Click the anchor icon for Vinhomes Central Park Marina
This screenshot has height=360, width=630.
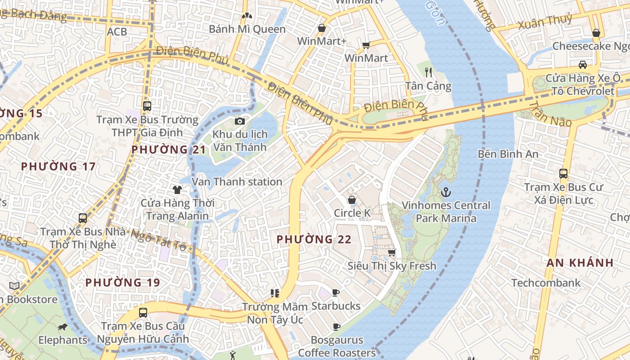tap(445, 193)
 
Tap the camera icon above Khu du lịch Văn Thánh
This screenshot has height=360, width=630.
tap(240, 121)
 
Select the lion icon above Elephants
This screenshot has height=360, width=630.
tap(63, 327)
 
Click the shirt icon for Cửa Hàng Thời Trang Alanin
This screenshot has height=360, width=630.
tap(177, 190)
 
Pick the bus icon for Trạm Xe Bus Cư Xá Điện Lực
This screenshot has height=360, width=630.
tap(563, 174)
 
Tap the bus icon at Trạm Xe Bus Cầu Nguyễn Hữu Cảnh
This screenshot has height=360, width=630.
tap(143, 312)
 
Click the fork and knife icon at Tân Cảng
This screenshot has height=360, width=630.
tap(428, 72)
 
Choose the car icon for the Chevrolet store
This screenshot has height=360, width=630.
tap(583, 64)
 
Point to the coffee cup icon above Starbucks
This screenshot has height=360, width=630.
tap(336, 293)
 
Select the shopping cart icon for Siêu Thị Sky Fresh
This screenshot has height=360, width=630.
tap(392, 252)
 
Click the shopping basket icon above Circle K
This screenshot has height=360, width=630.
tap(352, 199)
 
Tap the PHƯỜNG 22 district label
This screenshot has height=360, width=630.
tap(314, 239)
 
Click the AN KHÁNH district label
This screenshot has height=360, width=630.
tap(580, 263)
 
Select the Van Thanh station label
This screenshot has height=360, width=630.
tap(237, 182)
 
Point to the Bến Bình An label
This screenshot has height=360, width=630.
tap(508, 154)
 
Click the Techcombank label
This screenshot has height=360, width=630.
tap(546, 283)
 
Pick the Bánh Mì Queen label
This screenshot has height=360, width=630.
tap(247, 29)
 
